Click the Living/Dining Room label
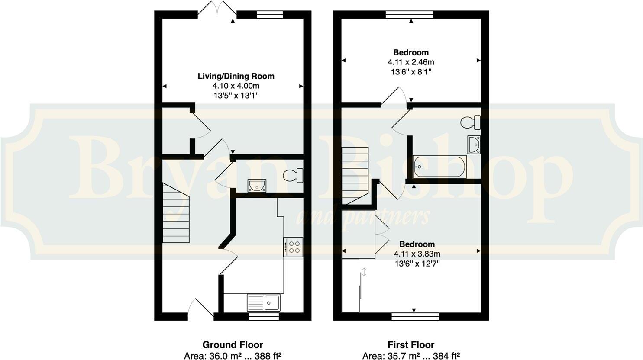pyautogui.click(x=236, y=76)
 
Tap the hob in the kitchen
pyautogui.click(x=293, y=247)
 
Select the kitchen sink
pyautogui.click(x=264, y=302)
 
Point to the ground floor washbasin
pyautogui.click(x=257, y=186)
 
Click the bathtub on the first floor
pyautogui.click(x=439, y=166)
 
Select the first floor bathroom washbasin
pyautogui.click(x=474, y=145)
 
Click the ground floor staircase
pyautogui.click(x=176, y=213)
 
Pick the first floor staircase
pyautogui.click(x=355, y=175)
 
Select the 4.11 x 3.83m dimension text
pyautogui.click(x=417, y=254)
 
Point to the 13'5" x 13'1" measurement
pyautogui.click(x=236, y=96)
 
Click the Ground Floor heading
pyautogui.click(x=233, y=345)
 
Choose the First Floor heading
pyautogui.click(x=411, y=345)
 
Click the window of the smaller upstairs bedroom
pyautogui.click(x=410, y=14)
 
